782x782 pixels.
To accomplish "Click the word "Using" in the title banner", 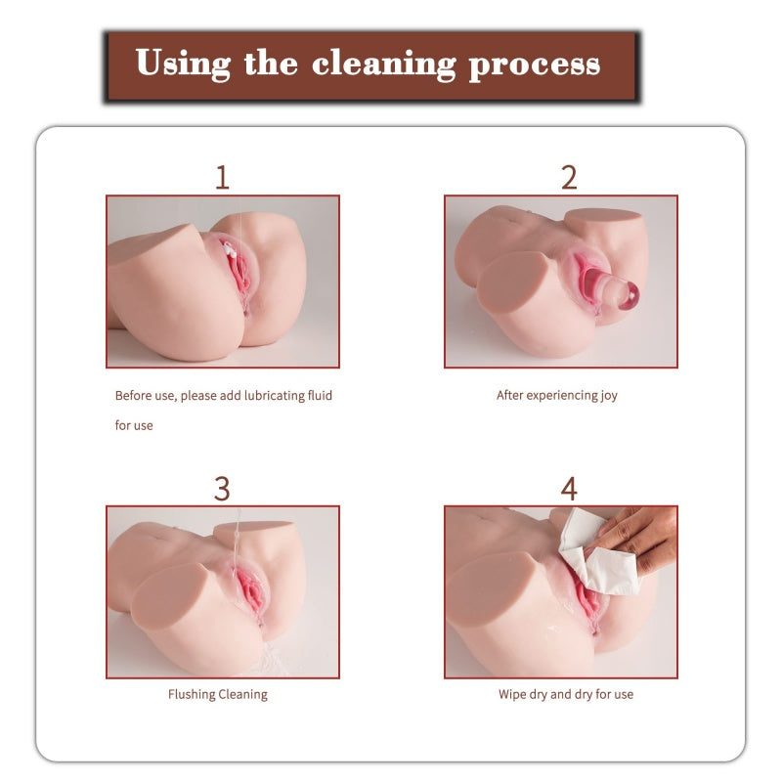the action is pos(183,64).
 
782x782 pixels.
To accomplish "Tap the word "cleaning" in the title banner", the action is pos(384,65).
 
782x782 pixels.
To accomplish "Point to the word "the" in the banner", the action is pos(271,63).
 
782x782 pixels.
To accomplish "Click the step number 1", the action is pos(223,177).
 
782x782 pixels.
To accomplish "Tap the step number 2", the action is pos(569,177).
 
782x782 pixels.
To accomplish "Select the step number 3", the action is pos(222,489).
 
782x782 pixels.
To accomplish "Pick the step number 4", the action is pos(569,489).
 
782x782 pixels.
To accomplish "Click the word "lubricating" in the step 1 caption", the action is pos(274,396).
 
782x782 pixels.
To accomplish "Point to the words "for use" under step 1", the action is pos(134,425).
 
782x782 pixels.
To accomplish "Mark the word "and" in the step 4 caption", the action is pos(560,694).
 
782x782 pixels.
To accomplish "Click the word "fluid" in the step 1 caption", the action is pos(320,396).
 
